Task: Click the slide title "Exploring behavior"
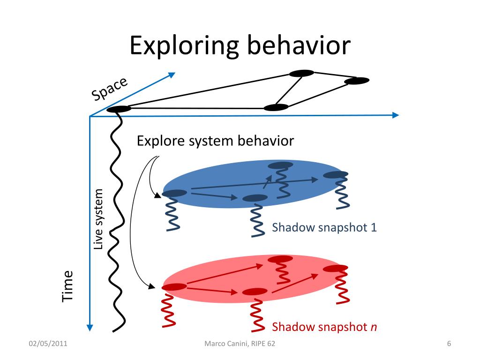pyautogui.click(x=240, y=45)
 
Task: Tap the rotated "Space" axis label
pyautogui.click(x=109, y=88)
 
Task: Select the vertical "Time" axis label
pyautogui.click(x=68, y=285)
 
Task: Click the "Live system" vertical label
pyautogui.click(x=98, y=219)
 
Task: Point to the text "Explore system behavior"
pyautogui.click(x=215, y=141)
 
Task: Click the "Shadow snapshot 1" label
pyautogui.click(x=324, y=228)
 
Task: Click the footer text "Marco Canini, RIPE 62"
pyautogui.click(x=240, y=344)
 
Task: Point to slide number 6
pyautogui.click(x=449, y=344)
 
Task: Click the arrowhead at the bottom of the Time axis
pyautogui.click(x=90, y=327)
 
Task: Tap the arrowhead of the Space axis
pyautogui.click(x=172, y=75)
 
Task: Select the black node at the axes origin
pyautogui.click(x=119, y=109)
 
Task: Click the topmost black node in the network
pyautogui.click(x=301, y=73)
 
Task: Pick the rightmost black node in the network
pyautogui.click(x=357, y=81)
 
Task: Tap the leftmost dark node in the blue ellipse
pyautogui.click(x=174, y=193)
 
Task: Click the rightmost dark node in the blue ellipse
pyautogui.click(x=336, y=175)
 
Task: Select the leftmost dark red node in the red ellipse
pyautogui.click(x=174, y=287)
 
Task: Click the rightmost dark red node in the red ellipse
pyautogui.click(x=336, y=268)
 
